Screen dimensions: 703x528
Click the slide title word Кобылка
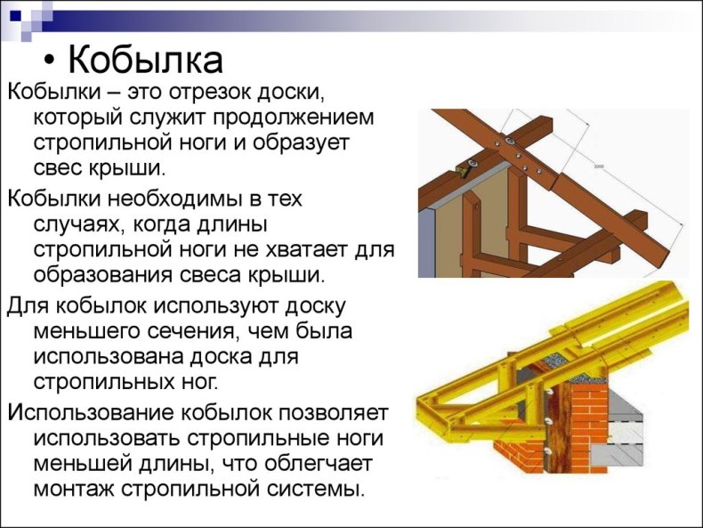(145, 61)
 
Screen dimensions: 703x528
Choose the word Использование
(91, 412)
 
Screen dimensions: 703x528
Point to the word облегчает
(319, 463)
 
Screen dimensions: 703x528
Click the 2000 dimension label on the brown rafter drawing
(599, 167)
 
